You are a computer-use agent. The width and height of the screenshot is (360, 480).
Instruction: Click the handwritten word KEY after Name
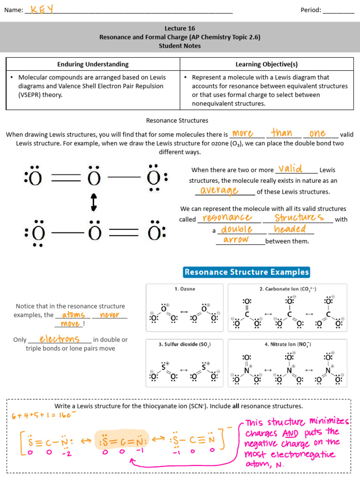click(x=42, y=9)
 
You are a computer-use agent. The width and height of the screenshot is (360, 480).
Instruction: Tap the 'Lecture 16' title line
click(x=180, y=28)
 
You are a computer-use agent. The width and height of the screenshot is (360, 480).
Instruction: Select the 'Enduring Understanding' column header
click(x=93, y=64)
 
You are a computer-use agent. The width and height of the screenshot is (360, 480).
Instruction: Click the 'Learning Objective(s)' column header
click(x=266, y=64)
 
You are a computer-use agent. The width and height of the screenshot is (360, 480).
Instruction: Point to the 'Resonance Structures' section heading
click(x=177, y=120)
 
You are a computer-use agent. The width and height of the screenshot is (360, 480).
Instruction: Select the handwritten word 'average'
click(x=219, y=190)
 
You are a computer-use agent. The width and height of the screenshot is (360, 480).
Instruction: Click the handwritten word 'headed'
click(x=290, y=229)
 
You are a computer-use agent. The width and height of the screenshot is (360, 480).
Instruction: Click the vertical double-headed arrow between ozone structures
click(x=93, y=202)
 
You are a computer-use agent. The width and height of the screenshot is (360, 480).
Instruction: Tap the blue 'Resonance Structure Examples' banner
click(x=247, y=272)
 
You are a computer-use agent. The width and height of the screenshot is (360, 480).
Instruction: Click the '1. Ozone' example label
click(x=185, y=289)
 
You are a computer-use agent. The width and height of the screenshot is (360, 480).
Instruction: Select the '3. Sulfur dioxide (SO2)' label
click(x=185, y=345)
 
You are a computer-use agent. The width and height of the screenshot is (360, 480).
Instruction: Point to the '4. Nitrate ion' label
click(x=287, y=345)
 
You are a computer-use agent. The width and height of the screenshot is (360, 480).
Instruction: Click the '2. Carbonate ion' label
click(x=288, y=289)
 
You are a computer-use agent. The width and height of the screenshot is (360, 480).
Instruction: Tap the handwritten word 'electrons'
click(x=59, y=339)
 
